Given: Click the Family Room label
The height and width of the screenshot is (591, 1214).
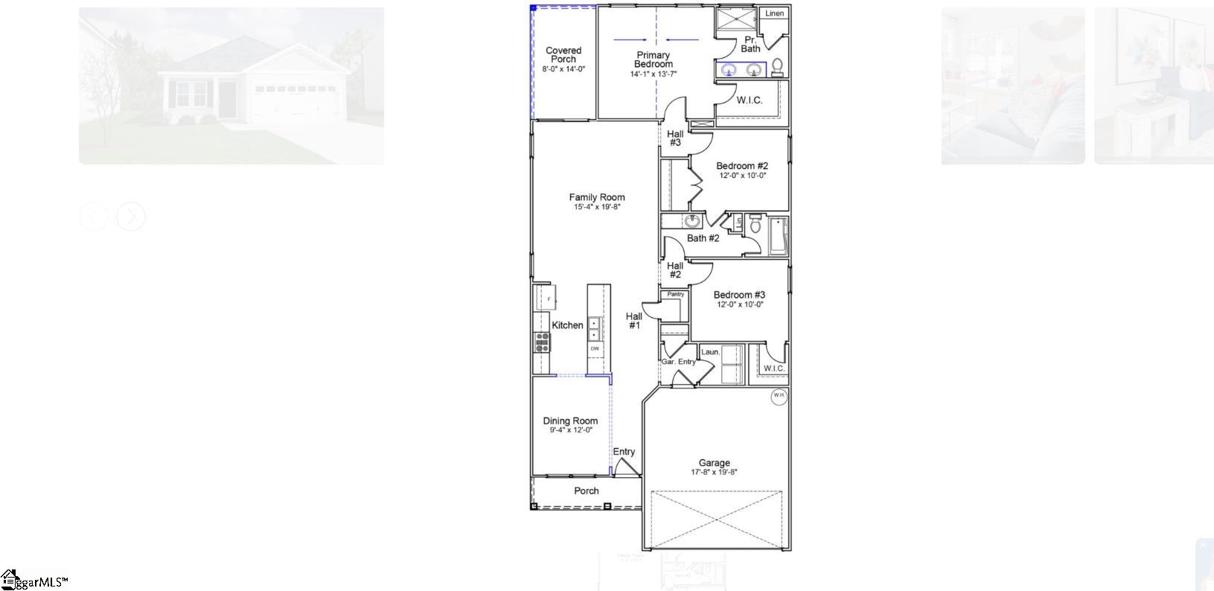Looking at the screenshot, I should [x=597, y=197].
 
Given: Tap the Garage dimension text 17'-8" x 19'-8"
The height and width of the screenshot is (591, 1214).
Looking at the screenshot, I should [x=714, y=472].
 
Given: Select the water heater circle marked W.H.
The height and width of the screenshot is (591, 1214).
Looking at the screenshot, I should [x=779, y=396].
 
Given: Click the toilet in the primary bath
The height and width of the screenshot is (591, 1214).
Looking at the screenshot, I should [x=777, y=67].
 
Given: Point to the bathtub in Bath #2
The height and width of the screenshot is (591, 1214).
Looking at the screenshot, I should [x=777, y=236].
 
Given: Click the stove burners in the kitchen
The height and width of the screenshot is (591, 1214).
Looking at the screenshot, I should [x=542, y=342].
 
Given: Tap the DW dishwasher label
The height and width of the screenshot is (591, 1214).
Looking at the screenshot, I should [x=595, y=348].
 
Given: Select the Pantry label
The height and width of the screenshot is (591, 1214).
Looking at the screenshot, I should [x=675, y=295].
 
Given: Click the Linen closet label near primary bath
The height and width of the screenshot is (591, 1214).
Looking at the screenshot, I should [x=774, y=13].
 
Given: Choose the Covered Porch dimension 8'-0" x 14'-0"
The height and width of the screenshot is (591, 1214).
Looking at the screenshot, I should [x=563, y=68].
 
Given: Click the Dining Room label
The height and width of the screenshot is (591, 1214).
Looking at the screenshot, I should [x=570, y=421].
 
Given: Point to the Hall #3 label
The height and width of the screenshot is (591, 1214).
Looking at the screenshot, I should [x=675, y=138].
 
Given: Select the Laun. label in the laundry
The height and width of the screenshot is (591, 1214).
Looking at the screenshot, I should [x=709, y=352].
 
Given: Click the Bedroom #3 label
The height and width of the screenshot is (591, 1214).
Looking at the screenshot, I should [x=739, y=295].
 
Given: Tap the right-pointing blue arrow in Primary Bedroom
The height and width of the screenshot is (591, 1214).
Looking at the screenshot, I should [x=628, y=39].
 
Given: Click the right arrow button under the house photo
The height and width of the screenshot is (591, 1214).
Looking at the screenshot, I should [x=131, y=217].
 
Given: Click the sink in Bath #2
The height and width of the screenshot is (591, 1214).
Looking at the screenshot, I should [x=693, y=221].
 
